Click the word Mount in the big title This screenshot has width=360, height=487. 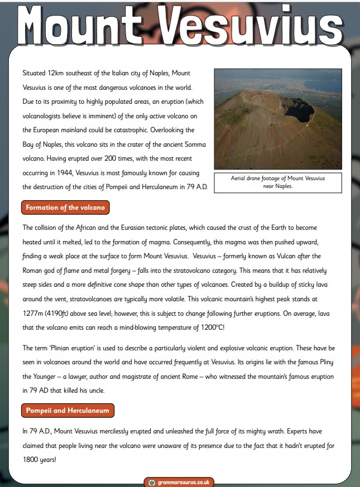78,25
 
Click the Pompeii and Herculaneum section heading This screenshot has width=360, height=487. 68,411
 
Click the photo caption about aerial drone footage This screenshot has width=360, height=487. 277,182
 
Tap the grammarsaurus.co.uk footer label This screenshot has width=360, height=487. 179,482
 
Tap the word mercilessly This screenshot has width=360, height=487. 129,431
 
